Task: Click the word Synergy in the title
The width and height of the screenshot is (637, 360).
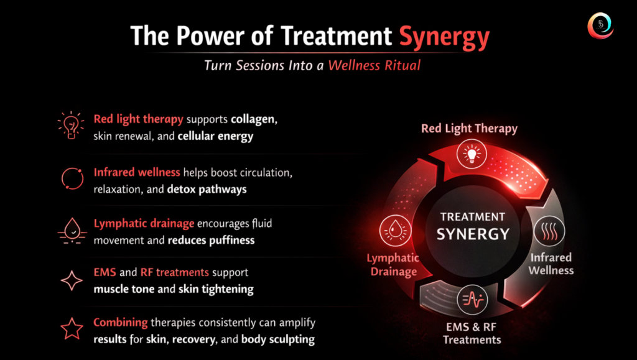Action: click(444, 37)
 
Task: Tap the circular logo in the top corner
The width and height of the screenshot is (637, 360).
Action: click(600, 25)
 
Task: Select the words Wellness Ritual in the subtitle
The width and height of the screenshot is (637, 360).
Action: click(374, 65)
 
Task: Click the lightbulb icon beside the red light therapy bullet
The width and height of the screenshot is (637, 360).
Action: click(71, 126)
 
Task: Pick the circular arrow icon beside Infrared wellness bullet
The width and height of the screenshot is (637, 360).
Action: click(72, 178)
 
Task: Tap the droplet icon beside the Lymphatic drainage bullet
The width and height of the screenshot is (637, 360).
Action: click(72, 231)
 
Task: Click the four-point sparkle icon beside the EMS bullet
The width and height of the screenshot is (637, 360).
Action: click(72, 280)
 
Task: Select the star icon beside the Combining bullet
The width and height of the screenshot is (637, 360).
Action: click(72, 328)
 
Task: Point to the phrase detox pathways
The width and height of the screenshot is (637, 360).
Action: click(207, 190)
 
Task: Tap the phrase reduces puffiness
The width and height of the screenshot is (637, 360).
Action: click(212, 240)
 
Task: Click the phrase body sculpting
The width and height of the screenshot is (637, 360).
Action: click(278, 339)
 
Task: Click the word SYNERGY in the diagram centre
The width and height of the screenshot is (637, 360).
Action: click(473, 234)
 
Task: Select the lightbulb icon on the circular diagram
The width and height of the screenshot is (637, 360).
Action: click(472, 154)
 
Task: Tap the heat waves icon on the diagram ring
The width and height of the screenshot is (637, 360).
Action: click(549, 231)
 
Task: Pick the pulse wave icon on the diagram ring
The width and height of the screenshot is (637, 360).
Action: click(472, 300)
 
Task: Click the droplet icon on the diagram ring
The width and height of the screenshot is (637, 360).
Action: click(395, 231)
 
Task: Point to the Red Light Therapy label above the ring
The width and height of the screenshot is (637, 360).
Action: click(469, 129)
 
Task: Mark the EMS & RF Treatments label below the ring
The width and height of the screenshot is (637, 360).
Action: click(472, 333)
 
